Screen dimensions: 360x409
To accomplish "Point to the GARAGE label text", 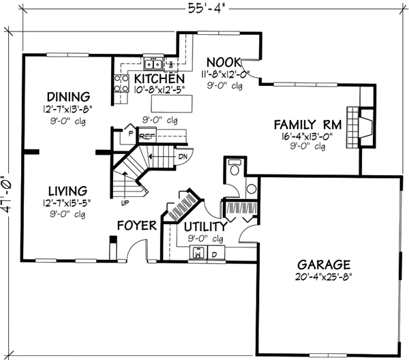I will (x=323, y=264).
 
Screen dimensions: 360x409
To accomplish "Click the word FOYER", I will (x=137, y=226).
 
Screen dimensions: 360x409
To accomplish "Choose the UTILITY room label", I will (x=205, y=226).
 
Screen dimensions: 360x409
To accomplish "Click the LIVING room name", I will (x=67, y=190).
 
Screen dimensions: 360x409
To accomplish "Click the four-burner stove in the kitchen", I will (x=121, y=82).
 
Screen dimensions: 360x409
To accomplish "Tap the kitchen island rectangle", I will (x=172, y=104).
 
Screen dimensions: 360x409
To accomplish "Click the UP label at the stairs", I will (x=125, y=203).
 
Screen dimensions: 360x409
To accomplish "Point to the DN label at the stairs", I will (x=182, y=155).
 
